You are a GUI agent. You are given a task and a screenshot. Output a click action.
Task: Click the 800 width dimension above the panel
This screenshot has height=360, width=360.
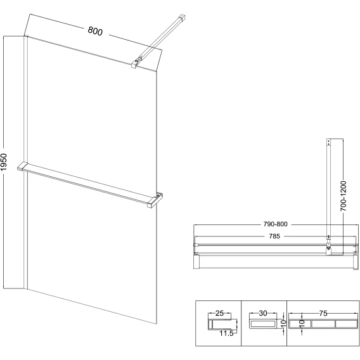(x=95, y=31)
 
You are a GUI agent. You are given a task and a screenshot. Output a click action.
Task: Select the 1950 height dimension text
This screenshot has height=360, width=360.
(x=4, y=162)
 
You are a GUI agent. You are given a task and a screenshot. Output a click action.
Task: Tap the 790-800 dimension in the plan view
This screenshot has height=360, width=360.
(x=275, y=224)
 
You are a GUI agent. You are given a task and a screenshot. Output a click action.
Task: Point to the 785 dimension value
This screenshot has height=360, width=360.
(x=274, y=236)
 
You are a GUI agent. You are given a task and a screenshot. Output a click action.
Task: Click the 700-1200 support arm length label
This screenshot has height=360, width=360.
(x=344, y=196)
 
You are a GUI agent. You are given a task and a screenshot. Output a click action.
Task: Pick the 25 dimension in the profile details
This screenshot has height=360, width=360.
(x=219, y=313)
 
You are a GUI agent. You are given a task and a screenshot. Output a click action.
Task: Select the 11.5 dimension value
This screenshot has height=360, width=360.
(x=226, y=333)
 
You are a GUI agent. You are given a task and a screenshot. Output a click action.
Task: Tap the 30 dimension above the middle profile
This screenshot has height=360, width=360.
(x=263, y=313)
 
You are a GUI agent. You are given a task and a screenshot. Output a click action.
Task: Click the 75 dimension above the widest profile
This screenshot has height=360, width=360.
(x=323, y=313)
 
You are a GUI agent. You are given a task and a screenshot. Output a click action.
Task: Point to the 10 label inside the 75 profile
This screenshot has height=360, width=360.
(x=302, y=323)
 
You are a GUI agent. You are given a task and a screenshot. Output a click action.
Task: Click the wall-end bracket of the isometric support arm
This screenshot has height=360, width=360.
(x=182, y=18)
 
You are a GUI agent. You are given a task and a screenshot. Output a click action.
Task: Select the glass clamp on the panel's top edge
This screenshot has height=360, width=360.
(x=136, y=63)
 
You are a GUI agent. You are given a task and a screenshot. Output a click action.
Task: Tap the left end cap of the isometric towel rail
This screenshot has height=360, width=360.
(x=22, y=166)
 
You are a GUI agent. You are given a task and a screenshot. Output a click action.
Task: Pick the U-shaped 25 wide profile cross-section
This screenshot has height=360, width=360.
(x=219, y=325)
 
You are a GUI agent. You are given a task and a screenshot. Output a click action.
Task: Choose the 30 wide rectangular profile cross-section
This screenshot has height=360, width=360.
(x=263, y=324)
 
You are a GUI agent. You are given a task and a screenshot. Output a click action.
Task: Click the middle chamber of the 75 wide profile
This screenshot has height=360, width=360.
(x=323, y=324)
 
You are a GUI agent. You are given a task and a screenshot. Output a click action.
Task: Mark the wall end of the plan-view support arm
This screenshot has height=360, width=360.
(x=329, y=142)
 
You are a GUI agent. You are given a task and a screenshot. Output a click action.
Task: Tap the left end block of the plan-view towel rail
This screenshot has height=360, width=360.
(x=196, y=261)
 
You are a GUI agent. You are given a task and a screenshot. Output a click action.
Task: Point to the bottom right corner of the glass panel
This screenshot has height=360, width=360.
(x=157, y=324)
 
